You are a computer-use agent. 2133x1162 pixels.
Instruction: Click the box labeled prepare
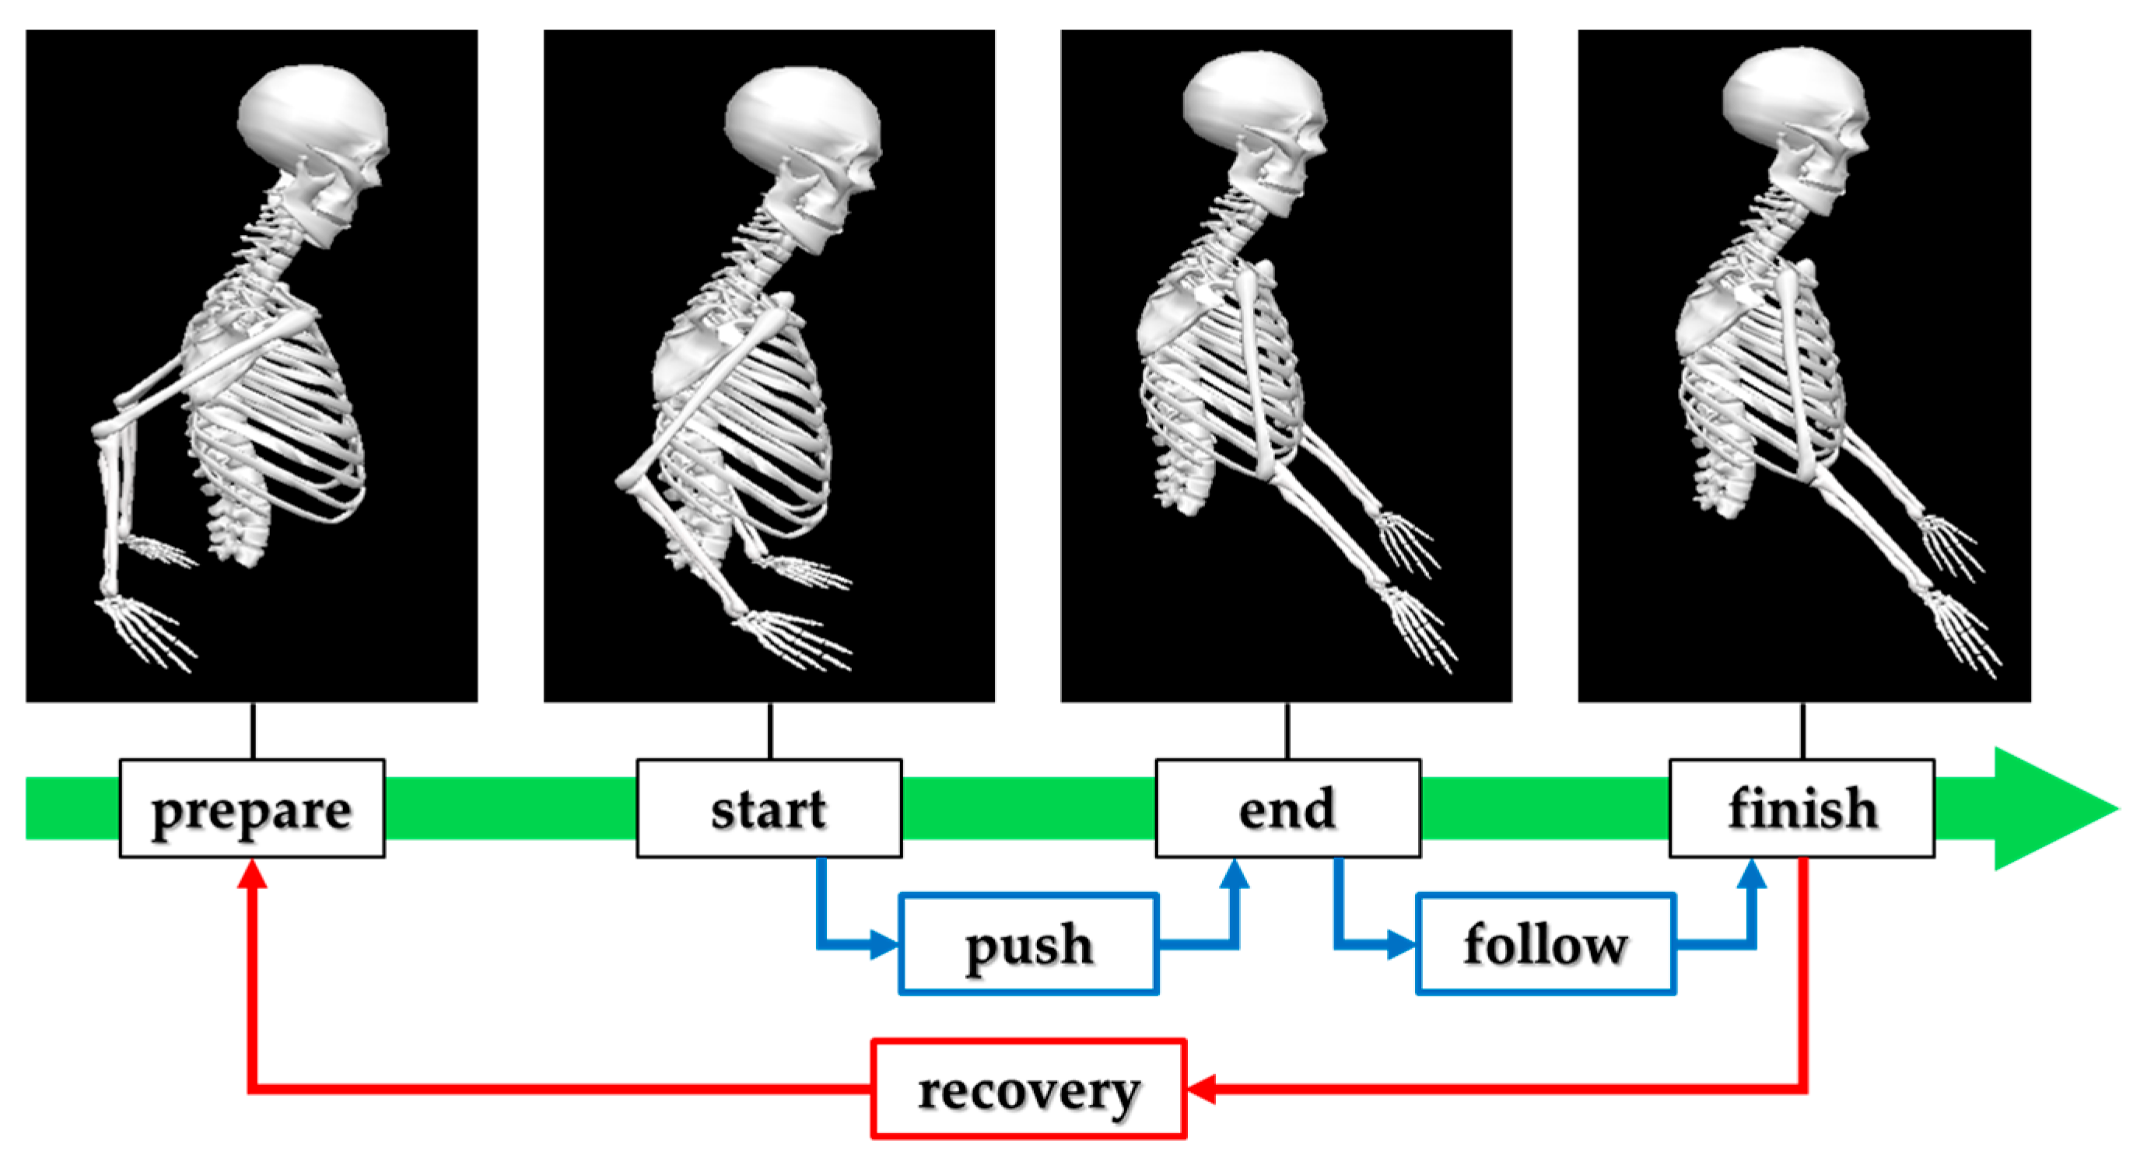point(252,808)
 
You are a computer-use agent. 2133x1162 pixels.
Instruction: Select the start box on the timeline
point(769,808)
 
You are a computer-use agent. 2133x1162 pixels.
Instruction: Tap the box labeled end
point(1287,808)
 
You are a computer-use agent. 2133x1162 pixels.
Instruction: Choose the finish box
point(1802,808)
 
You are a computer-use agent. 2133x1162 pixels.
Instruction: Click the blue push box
point(1028,943)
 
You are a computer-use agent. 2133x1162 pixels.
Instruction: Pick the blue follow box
point(1546,943)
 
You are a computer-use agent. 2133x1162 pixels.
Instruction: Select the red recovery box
point(1028,1089)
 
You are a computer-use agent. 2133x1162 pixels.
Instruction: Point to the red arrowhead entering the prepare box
point(252,873)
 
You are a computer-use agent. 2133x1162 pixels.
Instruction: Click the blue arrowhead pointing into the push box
point(884,943)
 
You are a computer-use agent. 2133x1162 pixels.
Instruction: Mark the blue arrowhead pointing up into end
point(1235,874)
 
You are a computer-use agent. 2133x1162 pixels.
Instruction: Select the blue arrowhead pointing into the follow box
point(1401,943)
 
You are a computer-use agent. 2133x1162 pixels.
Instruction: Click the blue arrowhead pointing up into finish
point(1752,874)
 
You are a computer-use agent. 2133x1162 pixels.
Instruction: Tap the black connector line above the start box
point(770,731)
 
